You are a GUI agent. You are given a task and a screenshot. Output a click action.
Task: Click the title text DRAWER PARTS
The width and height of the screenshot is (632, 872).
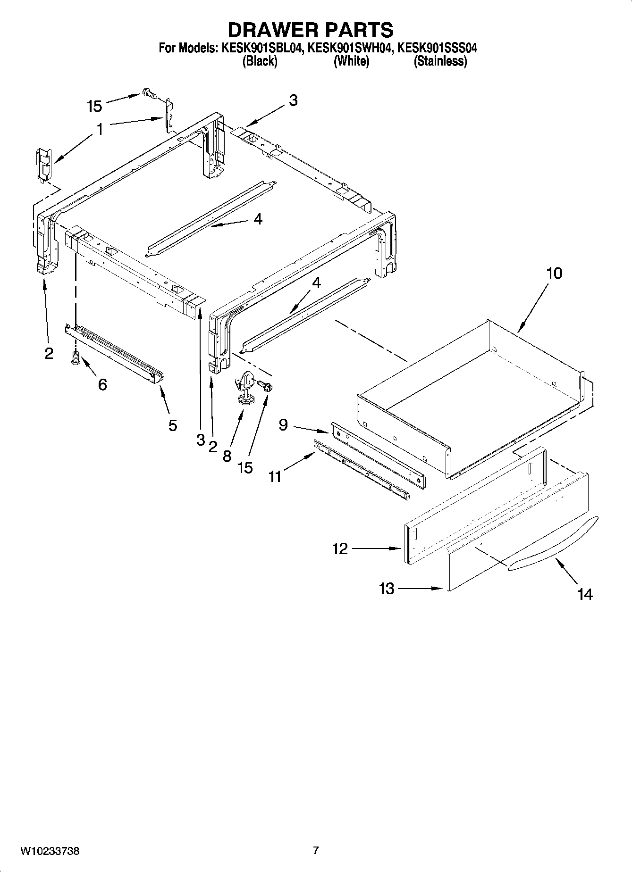tap(311, 30)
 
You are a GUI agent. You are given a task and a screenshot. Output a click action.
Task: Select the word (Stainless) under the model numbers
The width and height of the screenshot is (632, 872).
tap(440, 61)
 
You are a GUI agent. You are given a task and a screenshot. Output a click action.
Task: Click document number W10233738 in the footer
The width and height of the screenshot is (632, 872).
tap(50, 851)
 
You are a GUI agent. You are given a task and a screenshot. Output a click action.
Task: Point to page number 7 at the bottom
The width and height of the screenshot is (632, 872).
tap(316, 851)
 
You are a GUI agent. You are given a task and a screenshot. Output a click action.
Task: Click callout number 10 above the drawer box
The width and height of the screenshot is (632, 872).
tap(554, 273)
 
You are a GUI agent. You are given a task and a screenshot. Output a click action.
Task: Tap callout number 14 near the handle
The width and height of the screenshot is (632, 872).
tap(584, 594)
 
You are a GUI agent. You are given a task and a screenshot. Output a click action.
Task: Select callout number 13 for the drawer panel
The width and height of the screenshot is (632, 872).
tap(387, 589)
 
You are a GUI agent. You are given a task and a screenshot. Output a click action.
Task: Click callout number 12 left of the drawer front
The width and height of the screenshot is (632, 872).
tap(340, 548)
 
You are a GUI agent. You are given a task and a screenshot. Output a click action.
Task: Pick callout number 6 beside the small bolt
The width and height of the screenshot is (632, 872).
tap(102, 385)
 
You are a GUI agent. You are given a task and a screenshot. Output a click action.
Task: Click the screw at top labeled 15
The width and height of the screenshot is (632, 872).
tap(150, 94)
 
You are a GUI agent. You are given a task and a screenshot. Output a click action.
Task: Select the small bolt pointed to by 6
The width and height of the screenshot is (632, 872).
tap(75, 359)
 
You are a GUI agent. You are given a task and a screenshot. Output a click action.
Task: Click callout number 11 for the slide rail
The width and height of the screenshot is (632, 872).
tap(275, 476)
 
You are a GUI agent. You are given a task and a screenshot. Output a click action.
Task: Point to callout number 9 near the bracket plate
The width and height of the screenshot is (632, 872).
tap(283, 425)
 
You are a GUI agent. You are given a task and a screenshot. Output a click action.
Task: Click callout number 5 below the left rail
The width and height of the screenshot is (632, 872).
tap(172, 425)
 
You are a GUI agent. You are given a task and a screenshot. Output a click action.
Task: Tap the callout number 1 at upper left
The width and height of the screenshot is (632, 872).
tap(100, 129)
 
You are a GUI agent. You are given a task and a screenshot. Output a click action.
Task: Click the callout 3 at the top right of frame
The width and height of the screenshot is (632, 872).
tap(293, 100)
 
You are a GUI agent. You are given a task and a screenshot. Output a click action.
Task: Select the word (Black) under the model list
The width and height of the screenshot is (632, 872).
tap(259, 61)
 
